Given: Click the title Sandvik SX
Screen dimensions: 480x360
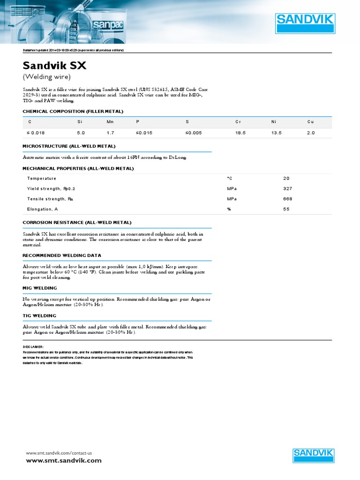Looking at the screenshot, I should (x=55, y=66).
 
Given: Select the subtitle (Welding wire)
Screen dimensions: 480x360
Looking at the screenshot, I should (x=47, y=77).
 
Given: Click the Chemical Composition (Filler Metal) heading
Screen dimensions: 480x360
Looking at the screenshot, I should (x=73, y=111).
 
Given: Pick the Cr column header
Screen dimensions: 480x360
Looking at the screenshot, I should (x=238, y=122).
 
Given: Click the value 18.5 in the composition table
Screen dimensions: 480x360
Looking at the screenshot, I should (x=240, y=133).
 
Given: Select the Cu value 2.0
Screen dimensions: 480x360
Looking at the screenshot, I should (x=311, y=133).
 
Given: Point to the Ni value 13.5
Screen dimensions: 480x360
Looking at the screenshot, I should (x=277, y=133).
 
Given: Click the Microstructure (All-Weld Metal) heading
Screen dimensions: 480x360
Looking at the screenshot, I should (x=69, y=146).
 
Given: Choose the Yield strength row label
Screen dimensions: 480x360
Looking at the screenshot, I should (x=51, y=188).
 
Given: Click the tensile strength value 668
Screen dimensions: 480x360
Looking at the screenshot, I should (x=287, y=199).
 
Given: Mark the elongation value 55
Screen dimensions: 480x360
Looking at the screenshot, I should (x=286, y=209).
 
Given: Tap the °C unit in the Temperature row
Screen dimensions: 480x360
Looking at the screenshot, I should (x=230, y=178).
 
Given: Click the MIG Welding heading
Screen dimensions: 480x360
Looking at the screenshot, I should (x=40, y=288).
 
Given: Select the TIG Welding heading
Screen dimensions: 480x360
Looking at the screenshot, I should (x=40, y=316).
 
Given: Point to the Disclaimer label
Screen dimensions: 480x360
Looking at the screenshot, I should (x=33, y=347).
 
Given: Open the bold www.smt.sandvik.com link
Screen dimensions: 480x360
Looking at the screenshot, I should (x=63, y=461).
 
